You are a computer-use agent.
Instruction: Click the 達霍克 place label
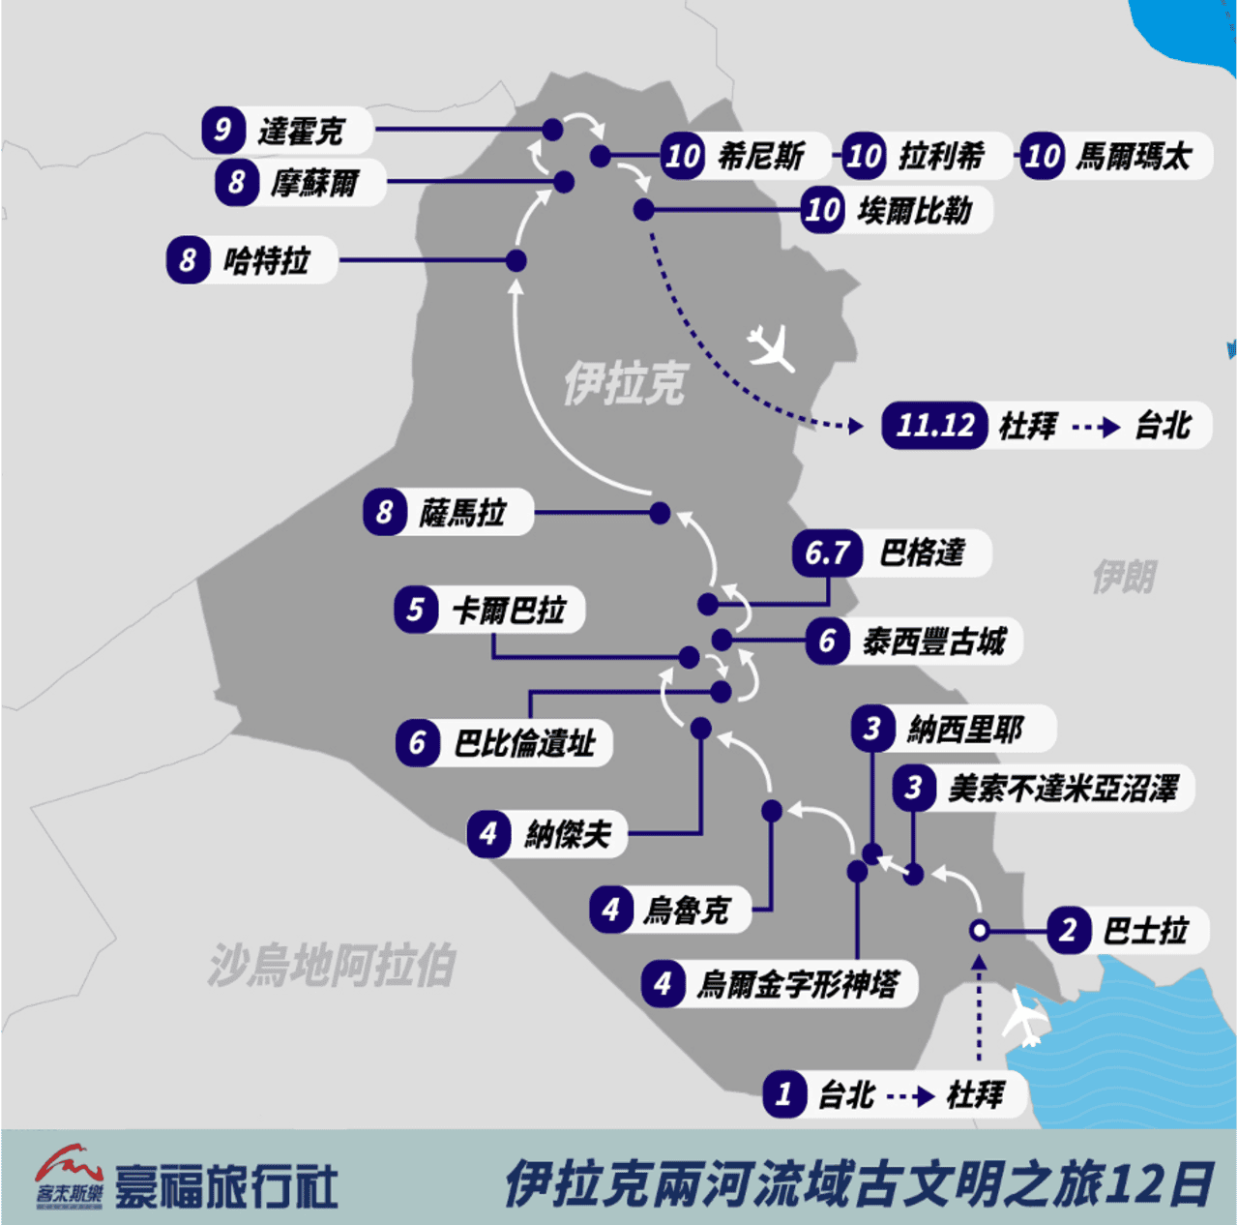(x=301, y=132)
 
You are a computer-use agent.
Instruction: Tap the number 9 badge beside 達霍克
(x=222, y=130)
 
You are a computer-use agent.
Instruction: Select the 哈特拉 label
(x=267, y=260)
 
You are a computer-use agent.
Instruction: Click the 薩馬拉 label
(x=462, y=513)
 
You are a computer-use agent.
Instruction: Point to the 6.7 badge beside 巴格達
(x=827, y=553)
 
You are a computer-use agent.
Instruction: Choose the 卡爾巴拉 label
(x=509, y=611)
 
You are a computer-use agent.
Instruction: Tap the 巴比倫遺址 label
(x=524, y=743)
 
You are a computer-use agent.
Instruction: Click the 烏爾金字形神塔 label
(x=798, y=985)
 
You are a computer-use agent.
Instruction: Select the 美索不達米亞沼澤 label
(x=1063, y=789)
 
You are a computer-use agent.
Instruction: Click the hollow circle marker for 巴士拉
(x=979, y=931)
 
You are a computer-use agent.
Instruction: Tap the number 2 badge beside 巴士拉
(x=1068, y=931)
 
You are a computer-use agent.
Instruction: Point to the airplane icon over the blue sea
(x=1025, y=1016)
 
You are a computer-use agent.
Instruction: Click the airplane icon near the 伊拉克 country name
(x=771, y=347)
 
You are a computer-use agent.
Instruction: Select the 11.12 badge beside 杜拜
(x=934, y=425)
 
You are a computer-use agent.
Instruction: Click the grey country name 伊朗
(x=1124, y=577)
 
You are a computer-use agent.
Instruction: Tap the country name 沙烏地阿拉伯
(x=331, y=966)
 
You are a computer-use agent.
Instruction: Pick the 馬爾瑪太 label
(x=1134, y=156)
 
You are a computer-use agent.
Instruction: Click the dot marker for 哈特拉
(x=516, y=260)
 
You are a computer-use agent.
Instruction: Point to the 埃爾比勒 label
(x=914, y=210)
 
